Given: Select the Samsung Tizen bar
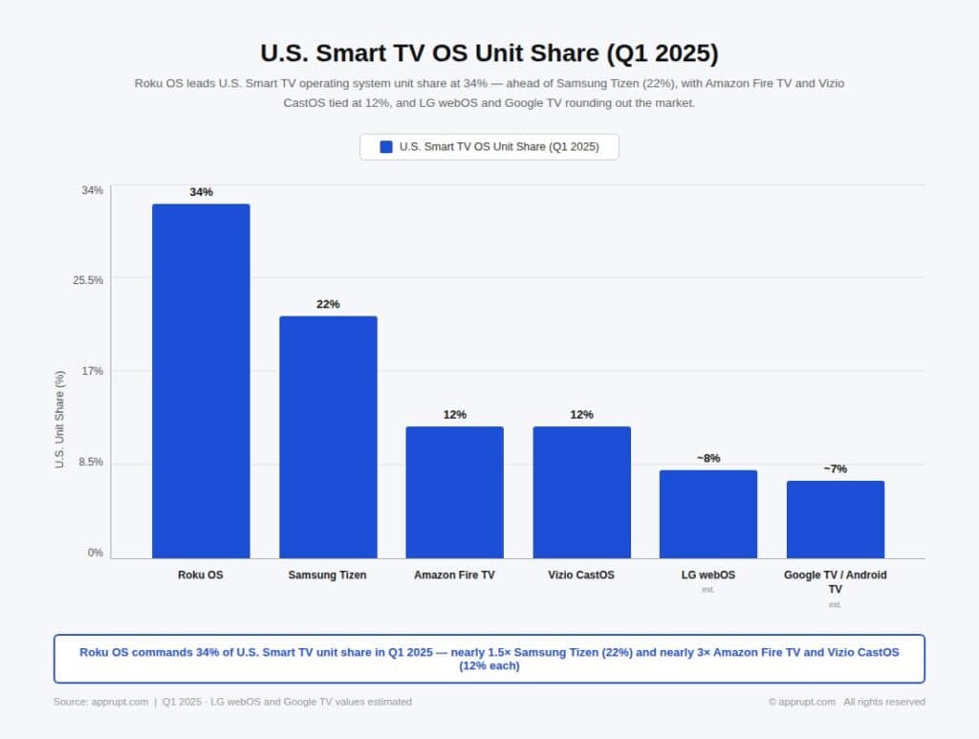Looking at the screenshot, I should click(x=328, y=437).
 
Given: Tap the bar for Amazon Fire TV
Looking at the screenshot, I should click(x=454, y=492).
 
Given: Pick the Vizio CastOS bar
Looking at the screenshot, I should click(x=581, y=492).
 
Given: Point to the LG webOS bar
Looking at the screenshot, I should click(x=707, y=514).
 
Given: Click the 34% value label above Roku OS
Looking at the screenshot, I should click(x=201, y=192).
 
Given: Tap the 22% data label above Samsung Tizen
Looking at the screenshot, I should click(x=328, y=304).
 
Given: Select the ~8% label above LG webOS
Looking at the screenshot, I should click(x=707, y=458).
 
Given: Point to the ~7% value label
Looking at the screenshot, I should click(x=835, y=468).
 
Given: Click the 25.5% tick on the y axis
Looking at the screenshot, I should click(x=89, y=280).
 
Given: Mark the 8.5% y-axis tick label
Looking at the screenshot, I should click(x=91, y=463).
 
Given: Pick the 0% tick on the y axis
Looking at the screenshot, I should click(x=96, y=553).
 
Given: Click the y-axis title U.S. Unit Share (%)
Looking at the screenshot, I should click(x=60, y=419).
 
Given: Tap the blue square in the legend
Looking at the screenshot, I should click(x=386, y=146).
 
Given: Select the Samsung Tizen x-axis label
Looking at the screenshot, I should click(x=327, y=576).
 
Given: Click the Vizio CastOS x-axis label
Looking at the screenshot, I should click(x=581, y=576).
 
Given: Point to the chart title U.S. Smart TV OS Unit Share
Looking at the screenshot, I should click(x=489, y=52).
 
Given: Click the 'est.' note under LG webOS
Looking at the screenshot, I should click(x=707, y=590).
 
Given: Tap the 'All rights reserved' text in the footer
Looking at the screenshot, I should click(x=883, y=702).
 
